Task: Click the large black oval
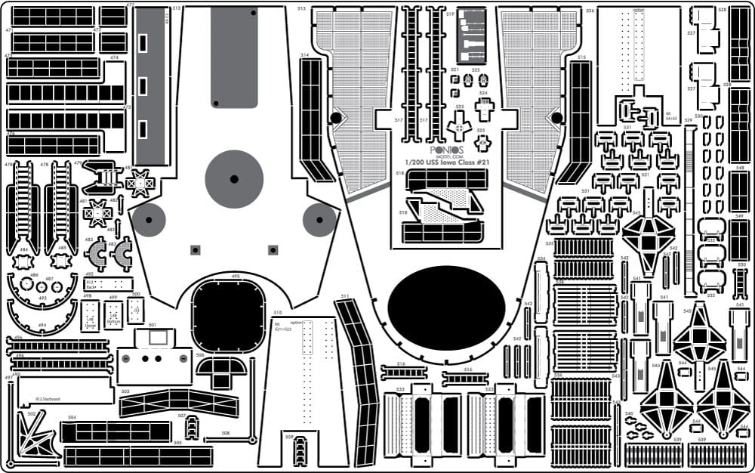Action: pos(446,308)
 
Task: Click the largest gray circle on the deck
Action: pos(234,179)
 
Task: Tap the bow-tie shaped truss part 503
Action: pos(178,403)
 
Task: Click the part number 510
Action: pos(278,312)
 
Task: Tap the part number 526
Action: pos(590,11)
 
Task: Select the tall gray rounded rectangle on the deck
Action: pos(234,57)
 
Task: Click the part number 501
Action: pos(151,326)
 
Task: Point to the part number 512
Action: pos(177,8)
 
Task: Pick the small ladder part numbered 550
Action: pos(741,280)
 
